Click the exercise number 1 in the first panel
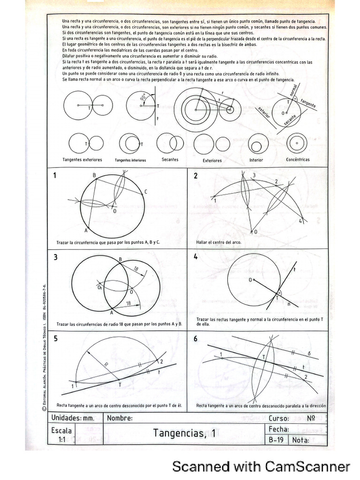tap(55, 176)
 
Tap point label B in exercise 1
tap(94, 175)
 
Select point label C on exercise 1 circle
tap(146, 191)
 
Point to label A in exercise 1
tap(86, 231)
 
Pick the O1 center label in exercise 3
tap(100, 288)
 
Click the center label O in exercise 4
tap(250, 280)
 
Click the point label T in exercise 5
tap(119, 384)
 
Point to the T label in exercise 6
tap(264, 357)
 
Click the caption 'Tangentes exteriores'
tap(85, 160)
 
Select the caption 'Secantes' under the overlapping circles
tap(170, 159)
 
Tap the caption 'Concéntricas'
tap(298, 159)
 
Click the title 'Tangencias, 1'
tap(184, 433)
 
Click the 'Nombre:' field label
tap(120, 418)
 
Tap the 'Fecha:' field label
tap(278, 429)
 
